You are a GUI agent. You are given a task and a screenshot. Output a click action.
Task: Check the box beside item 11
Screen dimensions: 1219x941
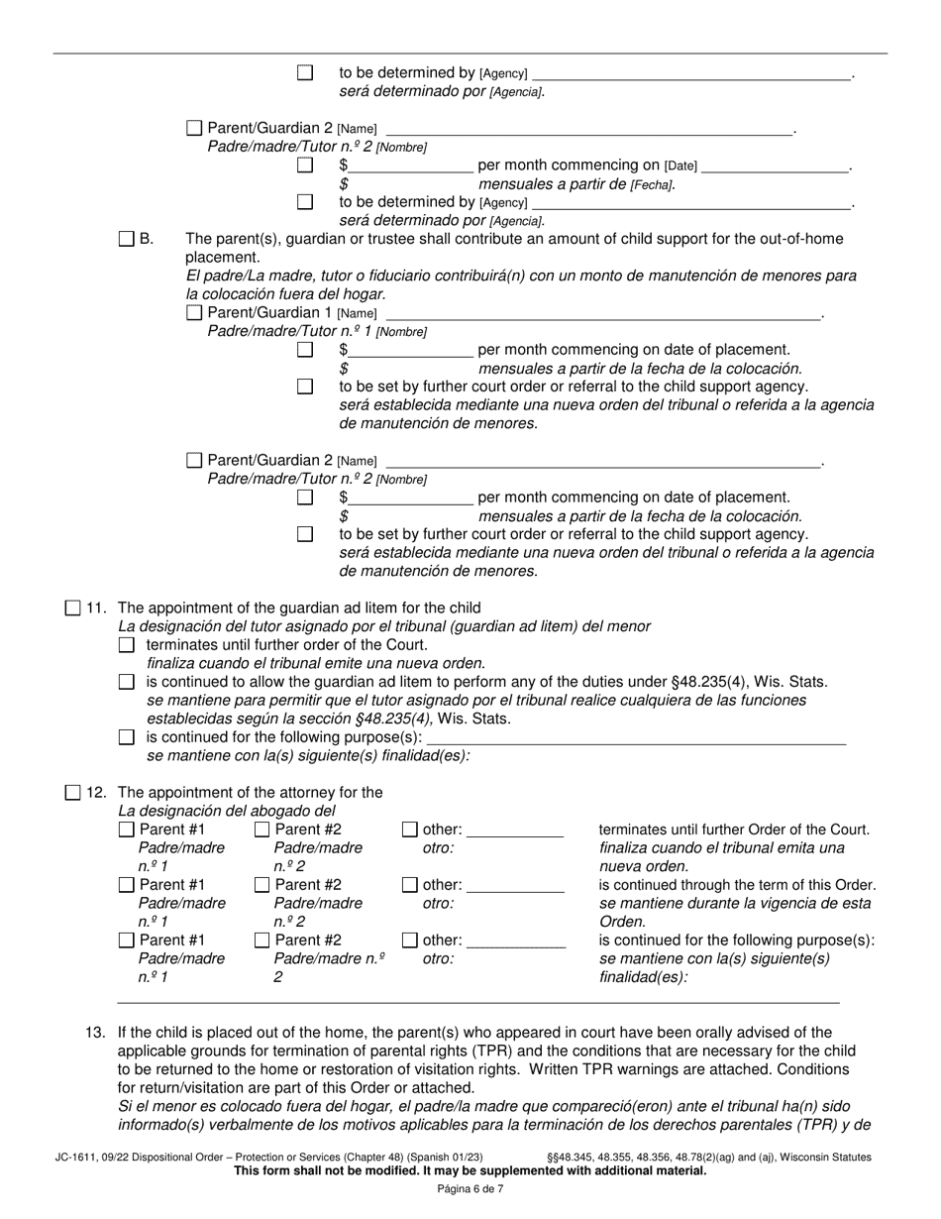pyautogui.click(x=73, y=609)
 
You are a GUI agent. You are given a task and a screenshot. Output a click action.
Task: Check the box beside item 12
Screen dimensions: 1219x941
pyautogui.click(x=73, y=793)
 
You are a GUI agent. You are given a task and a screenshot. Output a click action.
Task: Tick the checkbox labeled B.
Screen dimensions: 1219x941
pyautogui.click(x=126, y=239)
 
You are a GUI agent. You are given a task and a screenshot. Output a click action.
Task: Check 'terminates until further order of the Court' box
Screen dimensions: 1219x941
pyautogui.click(x=126, y=645)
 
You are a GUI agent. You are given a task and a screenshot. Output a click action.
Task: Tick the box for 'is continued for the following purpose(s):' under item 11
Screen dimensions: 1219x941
pyautogui.click(x=126, y=737)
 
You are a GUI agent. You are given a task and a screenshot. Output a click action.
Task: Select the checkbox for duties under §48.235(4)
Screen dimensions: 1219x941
pyautogui.click(x=126, y=682)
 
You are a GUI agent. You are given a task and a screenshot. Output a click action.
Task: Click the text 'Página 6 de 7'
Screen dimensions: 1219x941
pyautogui.click(x=470, y=1189)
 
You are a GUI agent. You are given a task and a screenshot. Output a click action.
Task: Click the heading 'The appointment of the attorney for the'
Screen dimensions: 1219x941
pyautogui.click(x=250, y=793)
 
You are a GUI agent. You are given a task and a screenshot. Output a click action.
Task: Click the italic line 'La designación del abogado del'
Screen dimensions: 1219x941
pyautogui.click(x=227, y=811)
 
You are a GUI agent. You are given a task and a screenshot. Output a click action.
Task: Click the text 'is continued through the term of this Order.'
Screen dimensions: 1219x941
pyautogui.click(x=737, y=885)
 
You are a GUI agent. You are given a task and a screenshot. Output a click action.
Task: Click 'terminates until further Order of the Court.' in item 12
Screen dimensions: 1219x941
pyautogui.click(x=735, y=830)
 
